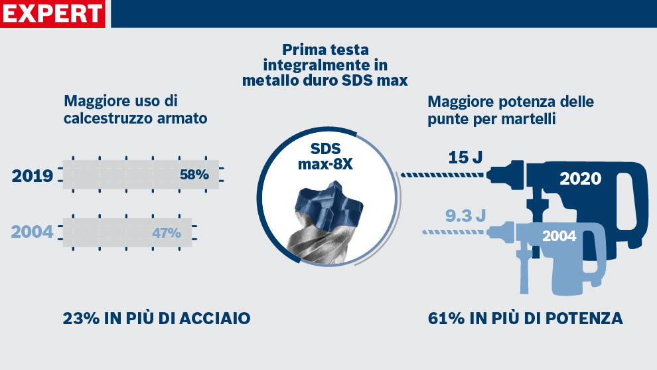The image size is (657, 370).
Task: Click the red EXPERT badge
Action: pyautogui.click(x=53, y=13)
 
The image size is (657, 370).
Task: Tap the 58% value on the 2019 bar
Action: pyautogui.click(x=194, y=175)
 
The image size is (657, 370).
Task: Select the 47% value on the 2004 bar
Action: pyautogui.click(x=167, y=233)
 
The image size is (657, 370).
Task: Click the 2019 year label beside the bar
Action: pyautogui.click(x=33, y=176)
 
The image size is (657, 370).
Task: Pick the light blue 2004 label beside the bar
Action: pyautogui.click(x=33, y=232)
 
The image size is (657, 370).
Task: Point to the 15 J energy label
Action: pyautogui.click(x=465, y=157)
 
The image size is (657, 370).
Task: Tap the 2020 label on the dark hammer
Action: pyautogui.click(x=580, y=179)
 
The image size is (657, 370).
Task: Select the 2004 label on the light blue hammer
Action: pyautogui.click(x=559, y=236)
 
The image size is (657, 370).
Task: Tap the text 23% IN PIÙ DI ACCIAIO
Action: pyautogui.click(x=157, y=318)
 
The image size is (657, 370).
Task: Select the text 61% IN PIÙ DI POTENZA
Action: pyautogui.click(x=526, y=319)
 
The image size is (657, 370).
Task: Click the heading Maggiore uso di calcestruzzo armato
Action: pyautogui.click(x=135, y=110)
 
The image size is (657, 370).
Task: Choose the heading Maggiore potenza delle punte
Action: pyautogui.click(x=510, y=110)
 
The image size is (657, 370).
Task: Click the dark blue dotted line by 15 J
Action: pyautogui.click(x=443, y=175)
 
